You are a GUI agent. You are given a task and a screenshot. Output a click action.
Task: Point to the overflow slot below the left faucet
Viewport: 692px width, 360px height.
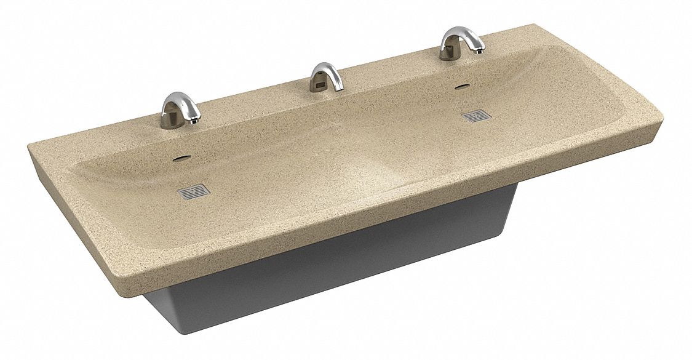pos(181,158)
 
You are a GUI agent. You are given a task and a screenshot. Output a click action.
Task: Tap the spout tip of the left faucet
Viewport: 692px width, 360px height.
pos(194,121)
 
